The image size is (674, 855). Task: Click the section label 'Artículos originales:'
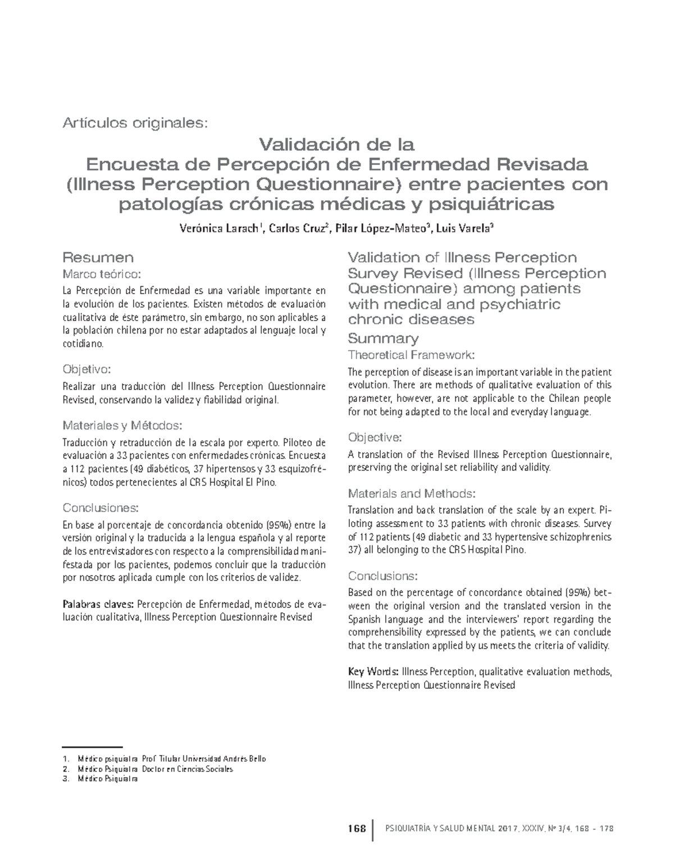click(135, 122)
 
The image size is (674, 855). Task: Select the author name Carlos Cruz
click(297, 228)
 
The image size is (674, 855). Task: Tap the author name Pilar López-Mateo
click(382, 228)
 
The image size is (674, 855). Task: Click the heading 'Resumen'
click(98, 258)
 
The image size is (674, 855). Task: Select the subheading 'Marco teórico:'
click(100, 274)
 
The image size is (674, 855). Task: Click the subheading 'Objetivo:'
click(86, 369)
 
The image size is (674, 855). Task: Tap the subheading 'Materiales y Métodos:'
click(122, 424)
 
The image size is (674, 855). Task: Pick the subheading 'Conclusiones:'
click(100, 508)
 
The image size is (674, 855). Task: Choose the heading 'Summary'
click(383, 339)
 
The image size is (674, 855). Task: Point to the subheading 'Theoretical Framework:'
click(411, 355)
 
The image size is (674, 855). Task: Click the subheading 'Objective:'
click(374, 437)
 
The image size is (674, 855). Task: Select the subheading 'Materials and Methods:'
click(412, 493)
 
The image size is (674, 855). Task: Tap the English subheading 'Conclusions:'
click(382, 576)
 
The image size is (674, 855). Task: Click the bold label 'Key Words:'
click(374, 672)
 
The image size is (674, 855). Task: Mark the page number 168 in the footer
click(356, 829)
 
